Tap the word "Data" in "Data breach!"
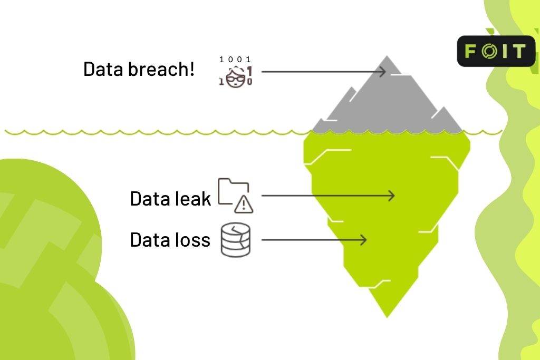pyautogui.click(x=104, y=69)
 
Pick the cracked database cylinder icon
pyautogui.click(x=235, y=240)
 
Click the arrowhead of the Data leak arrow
pyautogui.click(x=391, y=196)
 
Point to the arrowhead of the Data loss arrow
pyautogui.click(x=363, y=240)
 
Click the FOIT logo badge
pyautogui.click(x=495, y=51)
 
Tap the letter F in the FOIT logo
pyautogui.click(x=470, y=51)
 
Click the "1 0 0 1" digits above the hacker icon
pyautogui.click(x=235, y=60)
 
